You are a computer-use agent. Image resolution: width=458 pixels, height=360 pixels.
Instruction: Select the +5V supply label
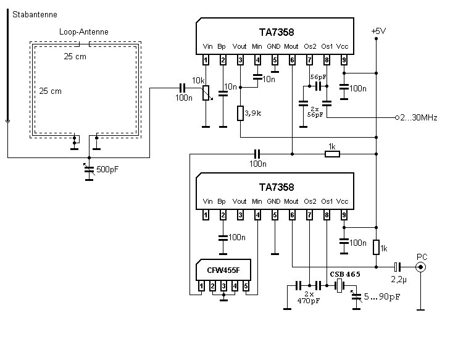(x=378, y=31)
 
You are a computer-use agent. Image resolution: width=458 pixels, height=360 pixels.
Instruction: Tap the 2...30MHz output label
(x=420, y=118)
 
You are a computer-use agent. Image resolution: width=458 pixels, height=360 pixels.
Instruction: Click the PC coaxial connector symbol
(x=422, y=267)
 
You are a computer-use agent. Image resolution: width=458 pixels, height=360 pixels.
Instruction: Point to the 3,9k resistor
(x=240, y=113)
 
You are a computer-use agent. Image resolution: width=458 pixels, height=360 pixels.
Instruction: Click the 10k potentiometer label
(x=199, y=81)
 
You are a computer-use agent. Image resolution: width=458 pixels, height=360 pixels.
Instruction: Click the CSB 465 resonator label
(x=344, y=273)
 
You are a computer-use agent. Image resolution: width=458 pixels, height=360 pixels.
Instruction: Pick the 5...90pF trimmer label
(x=381, y=297)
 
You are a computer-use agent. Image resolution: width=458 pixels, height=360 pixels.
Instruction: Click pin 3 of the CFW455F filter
(x=224, y=287)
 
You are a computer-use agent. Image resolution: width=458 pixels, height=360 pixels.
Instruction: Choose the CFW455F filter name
(x=223, y=270)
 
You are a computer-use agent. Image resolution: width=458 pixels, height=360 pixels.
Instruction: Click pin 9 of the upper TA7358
(x=344, y=60)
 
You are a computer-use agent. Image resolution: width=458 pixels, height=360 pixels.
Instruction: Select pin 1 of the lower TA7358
(x=206, y=214)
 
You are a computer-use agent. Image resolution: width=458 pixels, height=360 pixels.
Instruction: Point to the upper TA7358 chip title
(x=276, y=32)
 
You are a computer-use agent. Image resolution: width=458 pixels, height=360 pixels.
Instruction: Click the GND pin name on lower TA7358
(x=273, y=201)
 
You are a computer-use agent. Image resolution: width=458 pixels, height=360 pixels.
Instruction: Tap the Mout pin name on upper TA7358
(x=291, y=47)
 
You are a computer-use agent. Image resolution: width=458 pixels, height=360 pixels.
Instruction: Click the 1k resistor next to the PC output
(x=376, y=247)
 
